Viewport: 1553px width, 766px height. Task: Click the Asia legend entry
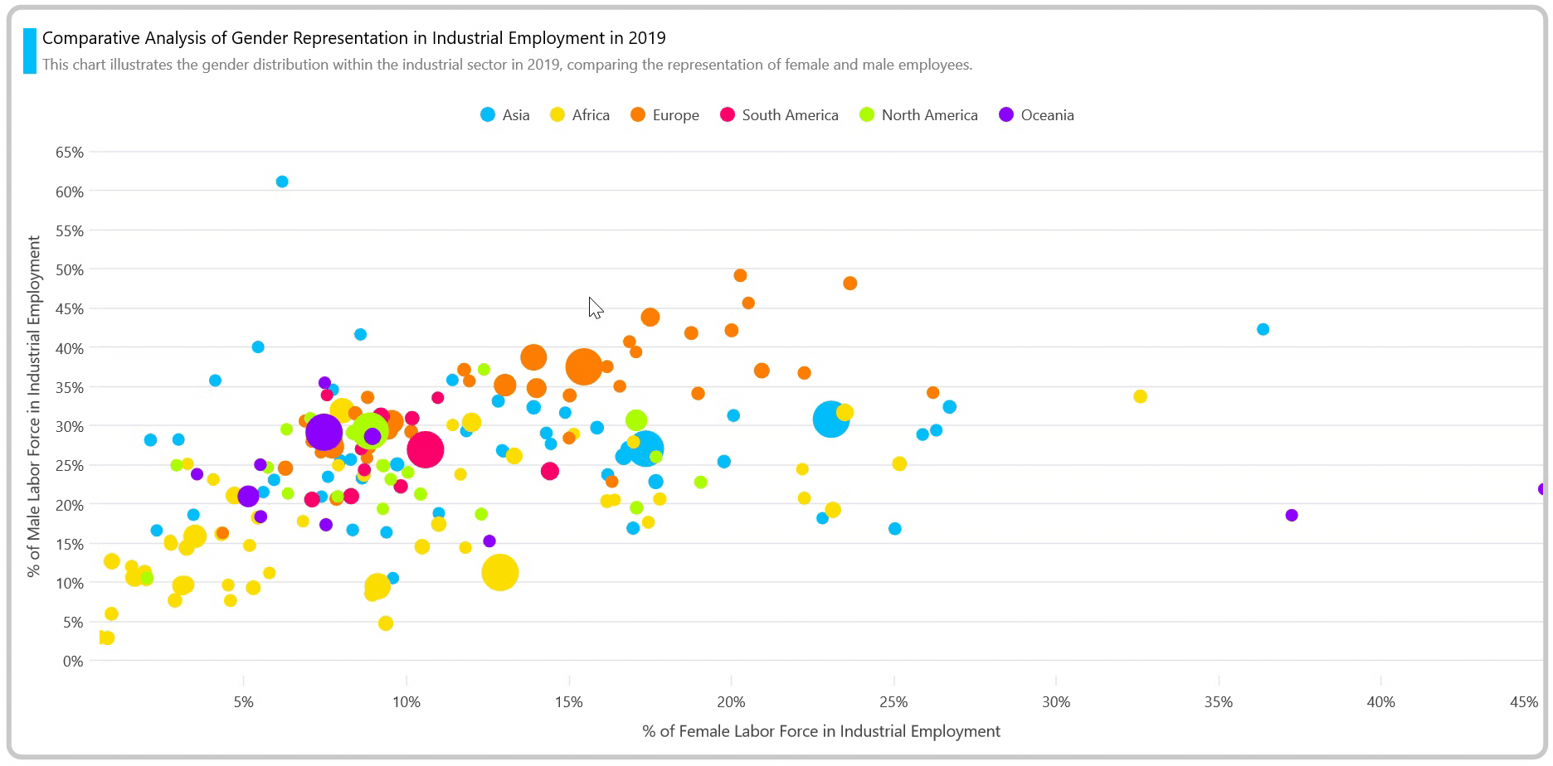tap(505, 115)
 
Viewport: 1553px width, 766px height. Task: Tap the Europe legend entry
tap(665, 115)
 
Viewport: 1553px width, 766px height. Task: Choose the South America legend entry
tap(779, 115)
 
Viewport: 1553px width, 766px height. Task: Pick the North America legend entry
tap(918, 115)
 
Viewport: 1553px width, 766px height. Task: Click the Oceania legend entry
tap(1036, 115)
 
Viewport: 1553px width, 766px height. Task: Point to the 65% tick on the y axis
tap(70, 153)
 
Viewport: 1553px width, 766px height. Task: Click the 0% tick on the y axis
tap(73, 662)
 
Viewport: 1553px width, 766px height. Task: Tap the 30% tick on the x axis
tap(1056, 703)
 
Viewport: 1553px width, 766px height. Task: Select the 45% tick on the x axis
tap(1524, 703)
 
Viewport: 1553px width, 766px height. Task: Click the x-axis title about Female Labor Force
tap(821, 731)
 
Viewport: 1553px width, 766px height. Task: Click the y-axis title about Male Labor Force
tap(34, 406)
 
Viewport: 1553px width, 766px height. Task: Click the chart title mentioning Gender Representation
tap(354, 38)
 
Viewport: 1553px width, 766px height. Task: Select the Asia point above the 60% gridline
tap(282, 182)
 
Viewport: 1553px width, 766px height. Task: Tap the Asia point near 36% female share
tap(1263, 329)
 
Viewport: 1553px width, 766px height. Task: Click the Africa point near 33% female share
tap(1140, 396)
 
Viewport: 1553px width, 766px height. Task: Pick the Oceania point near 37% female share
tap(1291, 516)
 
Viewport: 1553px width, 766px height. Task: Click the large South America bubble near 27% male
tap(426, 449)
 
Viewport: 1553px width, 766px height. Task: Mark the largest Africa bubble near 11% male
tap(499, 572)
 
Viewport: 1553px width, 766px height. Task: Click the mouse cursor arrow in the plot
tap(595, 308)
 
